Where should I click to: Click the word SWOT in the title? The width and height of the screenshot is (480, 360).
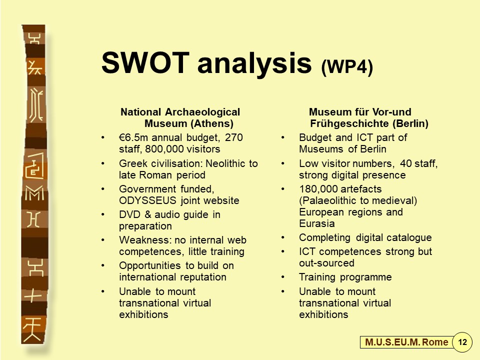[145, 63]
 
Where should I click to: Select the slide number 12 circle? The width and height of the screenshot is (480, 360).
[462, 342]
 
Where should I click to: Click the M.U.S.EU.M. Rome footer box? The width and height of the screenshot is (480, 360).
[406, 342]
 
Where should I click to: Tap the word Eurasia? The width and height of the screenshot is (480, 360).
[317, 224]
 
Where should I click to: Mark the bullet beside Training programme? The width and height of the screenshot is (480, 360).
[283, 277]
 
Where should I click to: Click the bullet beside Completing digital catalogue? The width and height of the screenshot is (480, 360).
[283, 237]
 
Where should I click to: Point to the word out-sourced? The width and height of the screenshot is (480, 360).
[326, 263]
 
